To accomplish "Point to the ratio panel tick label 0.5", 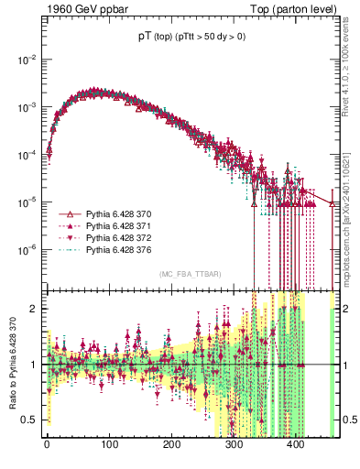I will click(31, 420).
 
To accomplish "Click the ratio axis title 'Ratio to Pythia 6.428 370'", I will click(11, 365).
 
